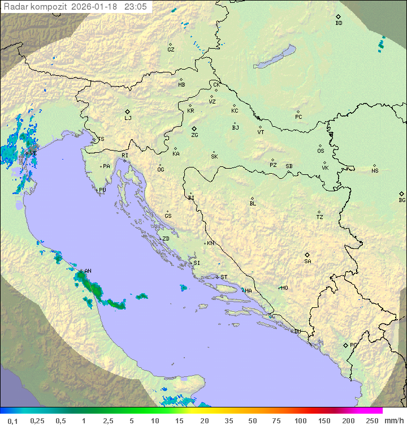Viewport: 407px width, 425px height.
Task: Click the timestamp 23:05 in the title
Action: (136, 7)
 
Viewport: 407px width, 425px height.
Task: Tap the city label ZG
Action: (194, 135)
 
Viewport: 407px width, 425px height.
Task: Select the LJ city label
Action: (128, 118)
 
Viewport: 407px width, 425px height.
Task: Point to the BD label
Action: (339, 23)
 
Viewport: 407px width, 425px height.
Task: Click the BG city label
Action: (402, 200)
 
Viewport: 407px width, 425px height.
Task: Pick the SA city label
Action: (308, 261)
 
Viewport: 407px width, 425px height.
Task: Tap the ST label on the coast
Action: (224, 277)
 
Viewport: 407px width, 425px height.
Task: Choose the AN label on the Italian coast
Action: (88, 271)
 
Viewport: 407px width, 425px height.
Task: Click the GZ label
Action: (171, 50)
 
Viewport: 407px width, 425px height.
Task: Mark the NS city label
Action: (375, 171)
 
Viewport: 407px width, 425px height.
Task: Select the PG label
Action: (353, 345)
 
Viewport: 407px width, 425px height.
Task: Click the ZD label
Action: (166, 239)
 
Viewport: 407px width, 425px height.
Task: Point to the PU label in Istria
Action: (102, 190)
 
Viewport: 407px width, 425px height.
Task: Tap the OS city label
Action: (321, 151)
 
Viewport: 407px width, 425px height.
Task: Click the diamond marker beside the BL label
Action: (252, 198)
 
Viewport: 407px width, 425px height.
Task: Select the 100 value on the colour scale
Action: (300, 420)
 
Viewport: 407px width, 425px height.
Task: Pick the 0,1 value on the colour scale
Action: (12, 420)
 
